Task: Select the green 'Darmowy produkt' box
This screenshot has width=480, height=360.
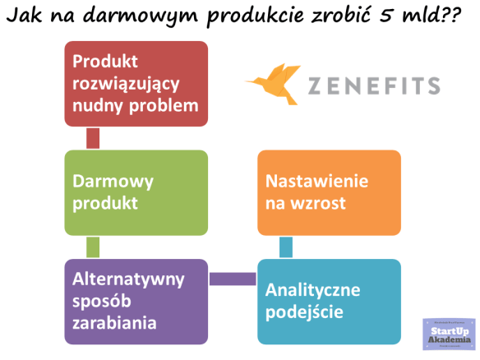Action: [136, 192]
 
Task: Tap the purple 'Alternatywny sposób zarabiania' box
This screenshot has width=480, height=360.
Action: [136, 301]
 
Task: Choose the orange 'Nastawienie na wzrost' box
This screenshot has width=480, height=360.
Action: [329, 192]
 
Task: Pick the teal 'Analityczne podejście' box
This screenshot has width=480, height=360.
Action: [329, 301]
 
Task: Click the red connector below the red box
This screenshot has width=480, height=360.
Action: [93, 138]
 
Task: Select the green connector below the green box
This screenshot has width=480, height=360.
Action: [93, 247]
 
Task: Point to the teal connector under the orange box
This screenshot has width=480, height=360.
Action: [286, 247]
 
